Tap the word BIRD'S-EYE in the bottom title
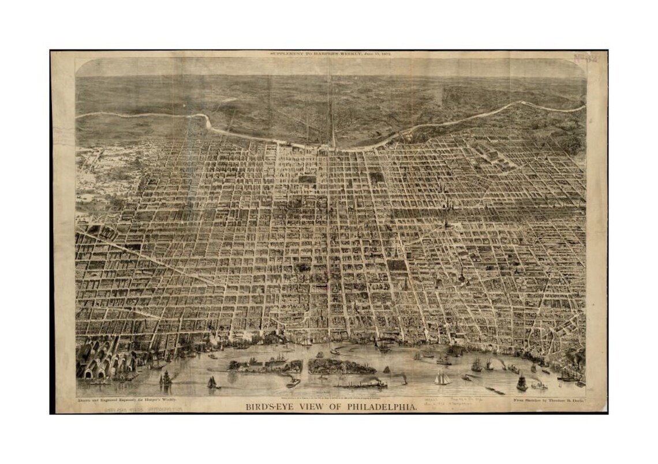click(x=269, y=407)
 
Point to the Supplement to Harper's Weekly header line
click(x=331, y=54)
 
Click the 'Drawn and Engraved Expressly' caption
click(x=126, y=399)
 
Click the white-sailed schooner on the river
click(x=442, y=378)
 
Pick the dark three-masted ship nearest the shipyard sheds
click(x=166, y=378)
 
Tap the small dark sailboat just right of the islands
click(x=386, y=369)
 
